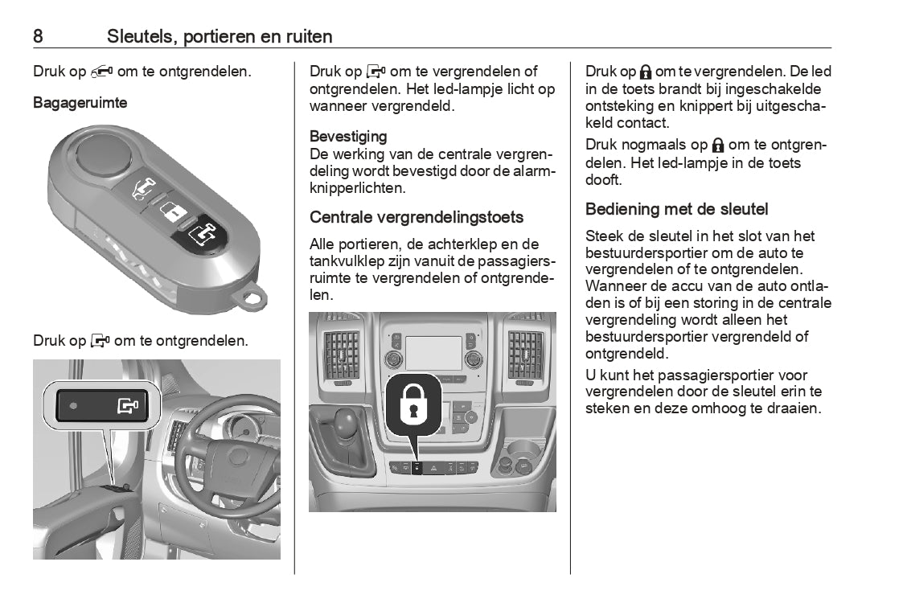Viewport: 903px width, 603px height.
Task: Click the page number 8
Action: point(38,36)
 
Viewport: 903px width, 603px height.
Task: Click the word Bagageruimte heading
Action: point(80,103)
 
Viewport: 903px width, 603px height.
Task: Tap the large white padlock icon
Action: point(413,404)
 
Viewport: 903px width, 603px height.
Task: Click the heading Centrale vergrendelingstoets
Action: point(417,217)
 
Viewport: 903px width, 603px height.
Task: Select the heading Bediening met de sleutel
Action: point(676,210)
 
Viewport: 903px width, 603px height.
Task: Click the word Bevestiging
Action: point(348,137)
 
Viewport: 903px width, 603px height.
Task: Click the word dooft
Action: point(604,180)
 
